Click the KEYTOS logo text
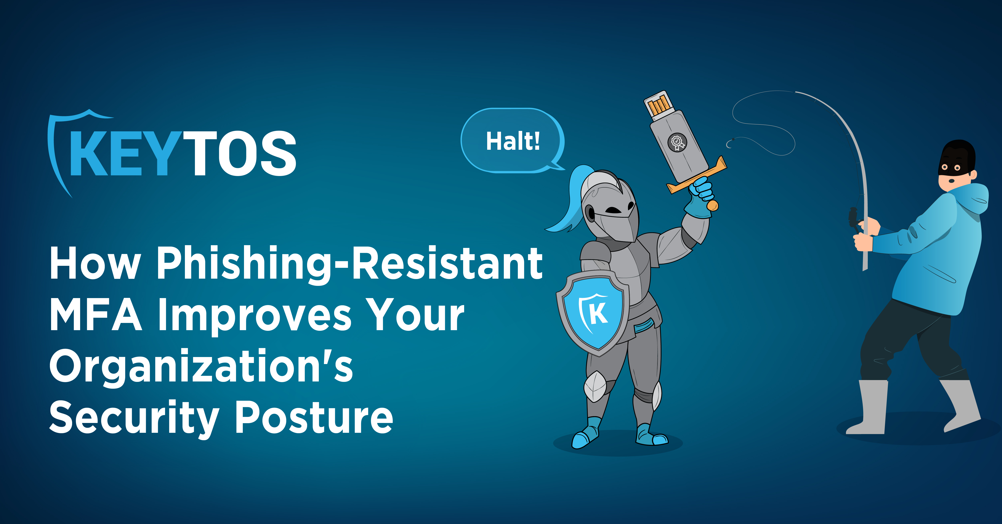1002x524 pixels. click(x=183, y=153)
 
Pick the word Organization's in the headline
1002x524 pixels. click(x=201, y=367)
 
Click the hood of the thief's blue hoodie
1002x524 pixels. click(x=972, y=198)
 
